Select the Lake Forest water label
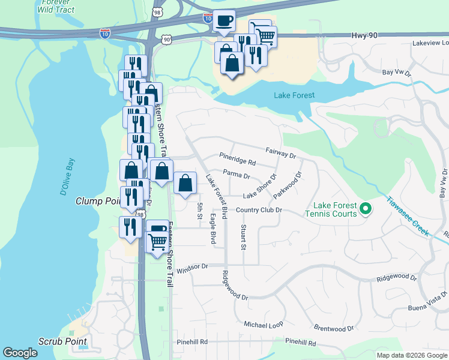click(x=294, y=95)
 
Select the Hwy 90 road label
click(x=364, y=37)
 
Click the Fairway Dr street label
click(x=281, y=154)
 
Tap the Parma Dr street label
click(x=236, y=175)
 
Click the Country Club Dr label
click(x=259, y=210)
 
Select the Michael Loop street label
click(x=263, y=324)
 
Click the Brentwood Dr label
click(x=334, y=328)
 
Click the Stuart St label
click(x=243, y=238)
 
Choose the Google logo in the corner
click(x=20, y=353)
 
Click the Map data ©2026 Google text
click(x=412, y=355)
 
